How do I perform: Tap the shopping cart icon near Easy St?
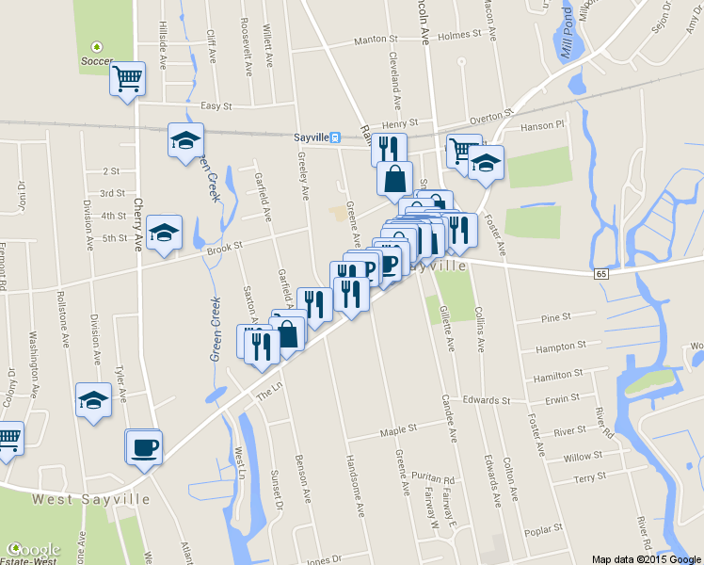pos(127,78)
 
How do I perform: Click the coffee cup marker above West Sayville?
pos(144,446)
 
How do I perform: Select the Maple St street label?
pos(398,430)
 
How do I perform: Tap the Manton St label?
pos(376,40)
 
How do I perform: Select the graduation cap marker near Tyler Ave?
pos(93,401)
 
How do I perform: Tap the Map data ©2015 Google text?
pos(646,558)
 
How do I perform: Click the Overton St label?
pos(491,119)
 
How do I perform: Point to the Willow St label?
pos(583,457)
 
